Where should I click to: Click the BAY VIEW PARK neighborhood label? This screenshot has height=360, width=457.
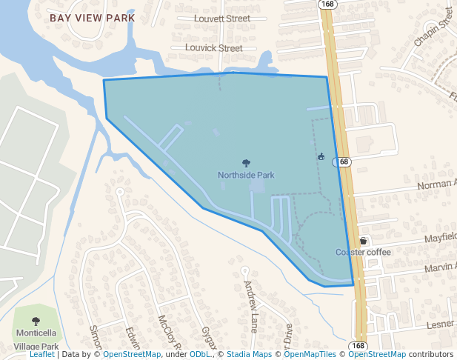tap(93, 17)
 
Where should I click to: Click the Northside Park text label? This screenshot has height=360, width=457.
tap(246, 176)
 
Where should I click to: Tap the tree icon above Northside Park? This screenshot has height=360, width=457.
tap(246, 163)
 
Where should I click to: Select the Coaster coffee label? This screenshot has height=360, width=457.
tap(363, 252)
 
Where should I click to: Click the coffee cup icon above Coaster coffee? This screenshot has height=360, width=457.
tap(363, 241)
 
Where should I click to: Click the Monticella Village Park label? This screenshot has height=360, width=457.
tap(36, 339)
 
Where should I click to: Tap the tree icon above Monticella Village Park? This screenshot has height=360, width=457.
tap(36, 321)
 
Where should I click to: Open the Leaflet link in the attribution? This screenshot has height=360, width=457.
tap(41, 355)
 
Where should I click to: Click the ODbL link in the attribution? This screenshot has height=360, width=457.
tap(200, 355)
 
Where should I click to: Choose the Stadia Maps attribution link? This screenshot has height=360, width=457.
tap(249, 355)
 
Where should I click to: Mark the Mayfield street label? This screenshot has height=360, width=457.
tap(440, 237)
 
